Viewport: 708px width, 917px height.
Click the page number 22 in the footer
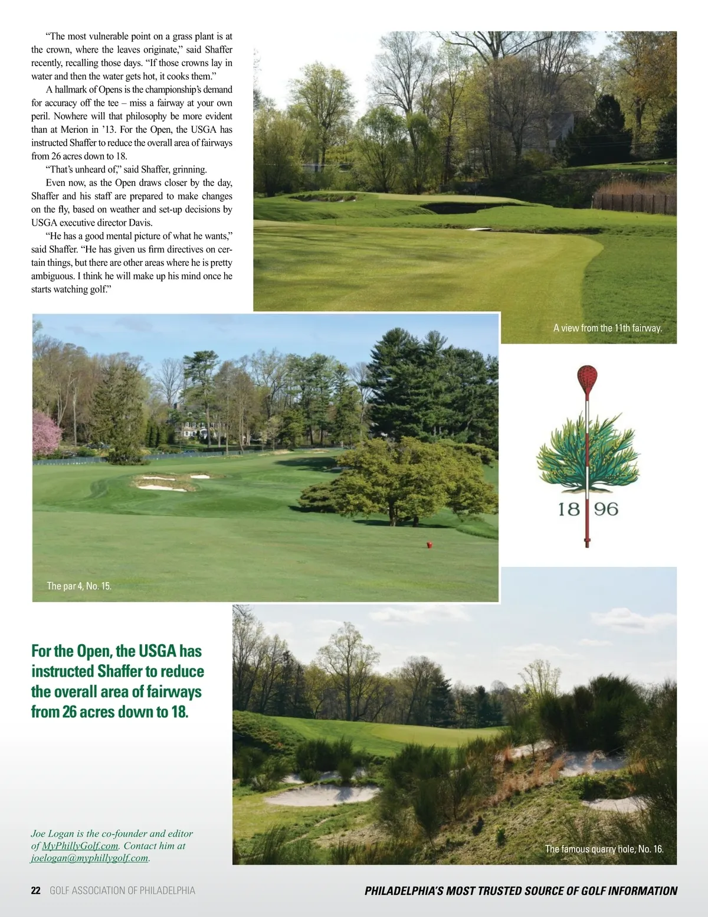click(35, 891)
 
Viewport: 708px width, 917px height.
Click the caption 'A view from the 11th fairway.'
click(607, 328)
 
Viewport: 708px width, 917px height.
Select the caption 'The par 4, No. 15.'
click(79, 586)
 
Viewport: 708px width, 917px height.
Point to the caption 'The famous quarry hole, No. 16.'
click(604, 849)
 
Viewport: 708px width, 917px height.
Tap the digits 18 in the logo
click(569, 509)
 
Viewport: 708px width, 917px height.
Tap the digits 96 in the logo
click(606, 509)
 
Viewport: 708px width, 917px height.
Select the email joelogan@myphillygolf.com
click(89, 858)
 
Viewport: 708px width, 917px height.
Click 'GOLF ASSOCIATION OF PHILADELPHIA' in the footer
click(122, 891)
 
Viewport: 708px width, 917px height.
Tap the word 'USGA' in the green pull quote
click(158, 651)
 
